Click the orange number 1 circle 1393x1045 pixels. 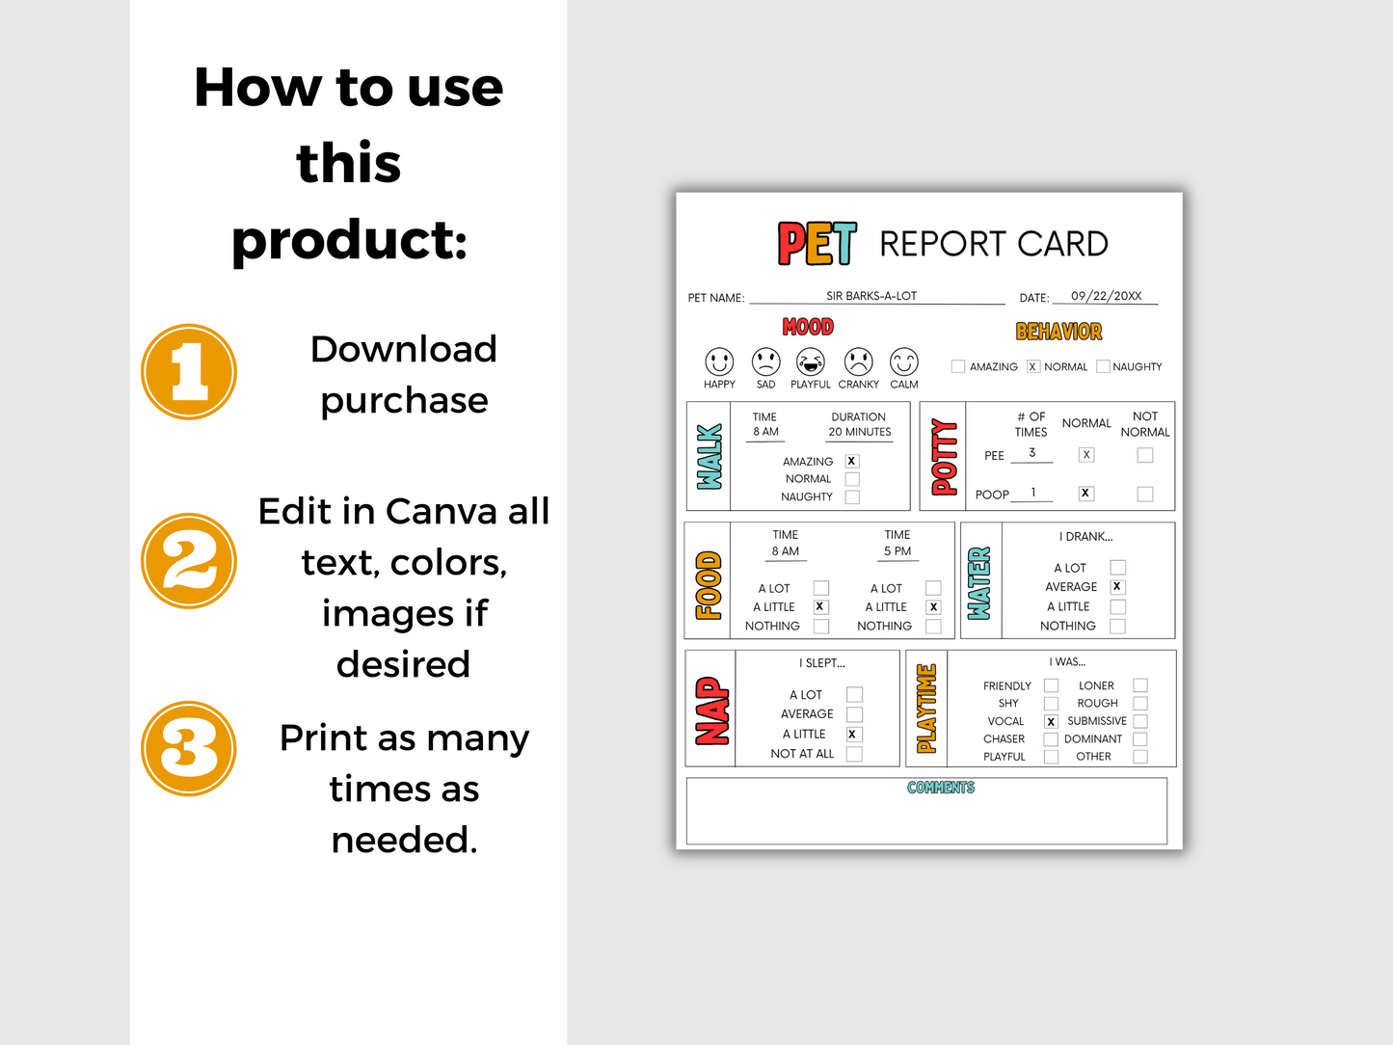pyautogui.click(x=189, y=372)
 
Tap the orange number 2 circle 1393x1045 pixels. pyautogui.click(x=189, y=561)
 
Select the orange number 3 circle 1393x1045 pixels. pyautogui.click(x=189, y=749)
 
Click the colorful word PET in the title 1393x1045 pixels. pyautogui.click(x=817, y=244)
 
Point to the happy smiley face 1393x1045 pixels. pyautogui.click(x=719, y=362)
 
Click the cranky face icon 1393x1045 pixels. pyautogui.click(x=858, y=362)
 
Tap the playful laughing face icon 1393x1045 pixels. pyautogui.click(x=811, y=362)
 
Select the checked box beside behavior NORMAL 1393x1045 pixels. pyautogui.click(x=1033, y=366)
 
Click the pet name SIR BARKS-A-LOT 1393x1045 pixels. pyautogui.click(x=871, y=296)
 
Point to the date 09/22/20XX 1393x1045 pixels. pyautogui.click(x=1106, y=296)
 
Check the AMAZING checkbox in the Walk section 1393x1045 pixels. pyautogui.click(x=852, y=461)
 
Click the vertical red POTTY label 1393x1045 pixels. pyautogui.click(x=945, y=457)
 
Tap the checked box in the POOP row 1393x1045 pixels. pyautogui.click(x=1086, y=494)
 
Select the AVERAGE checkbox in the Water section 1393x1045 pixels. pyautogui.click(x=1117, y=586)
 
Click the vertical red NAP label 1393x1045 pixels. pyautogui.click(x=711, y=711)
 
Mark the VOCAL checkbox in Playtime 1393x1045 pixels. pyautogui.click(x=1051, y=721)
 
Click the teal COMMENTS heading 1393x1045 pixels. pyautogui.click(x=941, y=788)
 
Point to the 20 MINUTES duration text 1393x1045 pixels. pyautogui.click(x=860, y=432)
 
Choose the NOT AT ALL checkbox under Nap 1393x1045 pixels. pyautogui.click(x=854, y=754)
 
